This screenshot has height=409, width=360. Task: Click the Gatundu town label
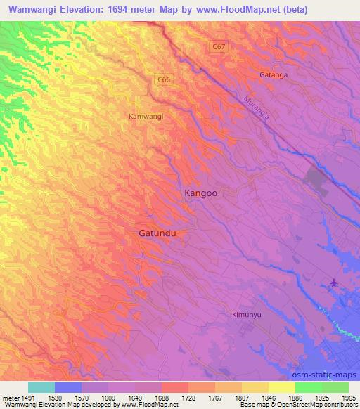click(156, 233)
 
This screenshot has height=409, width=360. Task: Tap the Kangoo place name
click(200, 193)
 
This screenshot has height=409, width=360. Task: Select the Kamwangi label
click(146, 116)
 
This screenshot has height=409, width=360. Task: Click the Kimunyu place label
click(247, 315)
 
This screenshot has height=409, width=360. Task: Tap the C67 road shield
click(219, 46)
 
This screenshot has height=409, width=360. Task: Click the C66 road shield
click(164, 80)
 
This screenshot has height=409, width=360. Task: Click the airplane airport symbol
click(333, 283)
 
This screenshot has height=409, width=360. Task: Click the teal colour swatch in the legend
click(41, 387)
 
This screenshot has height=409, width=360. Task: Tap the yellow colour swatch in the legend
click(282, 387)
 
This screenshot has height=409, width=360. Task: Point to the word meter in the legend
click(10, 397)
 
